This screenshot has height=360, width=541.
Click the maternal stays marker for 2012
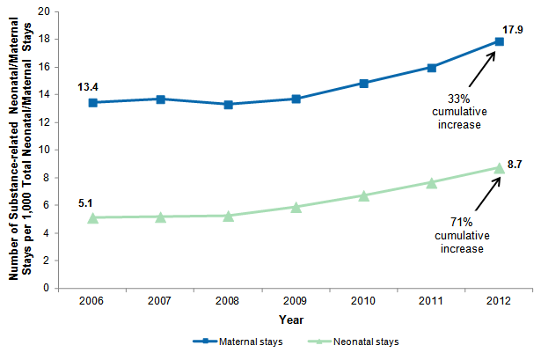499,41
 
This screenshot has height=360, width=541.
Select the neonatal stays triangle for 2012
499,167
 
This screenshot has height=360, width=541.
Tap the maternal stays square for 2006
93,102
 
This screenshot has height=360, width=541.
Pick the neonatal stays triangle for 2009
296,207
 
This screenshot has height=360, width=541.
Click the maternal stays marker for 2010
364,83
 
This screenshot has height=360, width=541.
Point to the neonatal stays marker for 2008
229,216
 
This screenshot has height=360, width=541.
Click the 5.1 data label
86,203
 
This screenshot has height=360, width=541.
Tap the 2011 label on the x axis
432,300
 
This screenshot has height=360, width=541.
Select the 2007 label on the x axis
161,300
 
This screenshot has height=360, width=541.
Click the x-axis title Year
296,319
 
